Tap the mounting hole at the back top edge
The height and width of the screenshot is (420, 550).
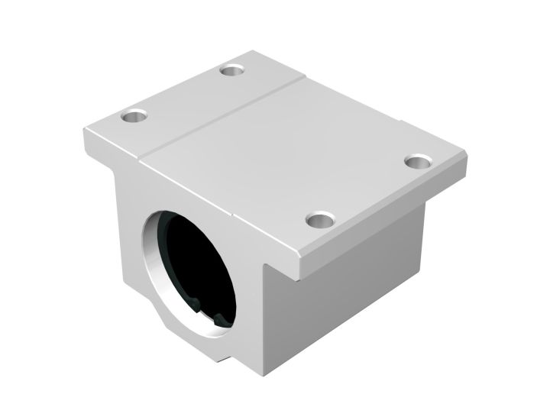click(231, 70)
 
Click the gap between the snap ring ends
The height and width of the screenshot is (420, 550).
click(210, 314)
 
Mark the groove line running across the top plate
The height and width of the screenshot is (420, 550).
click(222, 115)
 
